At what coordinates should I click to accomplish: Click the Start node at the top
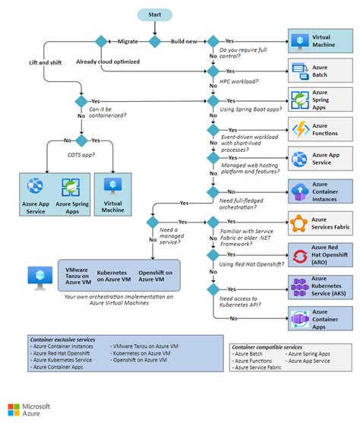coord(155,14)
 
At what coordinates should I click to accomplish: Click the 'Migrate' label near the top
coord(128,41)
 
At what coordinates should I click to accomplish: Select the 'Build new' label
coord(183,41)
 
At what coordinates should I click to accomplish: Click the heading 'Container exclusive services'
coord(62,339)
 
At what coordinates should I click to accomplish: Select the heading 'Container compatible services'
coord(270,346)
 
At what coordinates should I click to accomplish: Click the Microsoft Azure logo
coord(29,410)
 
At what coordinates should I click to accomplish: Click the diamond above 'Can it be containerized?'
coord(81,101)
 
